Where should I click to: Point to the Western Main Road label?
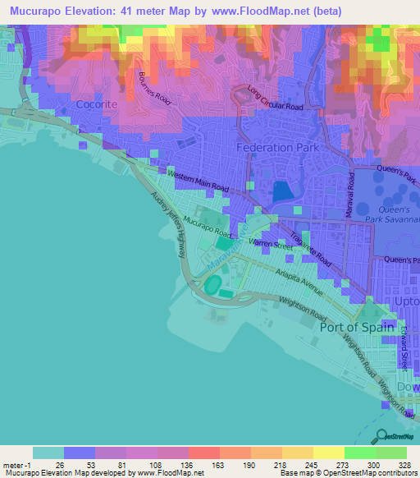tap(197, 181)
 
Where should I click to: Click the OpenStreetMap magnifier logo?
tap(381, 437)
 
